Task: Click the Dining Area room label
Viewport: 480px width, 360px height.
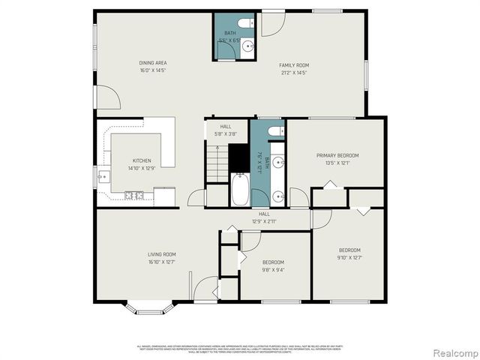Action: tap(152, 62)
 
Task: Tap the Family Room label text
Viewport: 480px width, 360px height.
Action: tap(294, 65)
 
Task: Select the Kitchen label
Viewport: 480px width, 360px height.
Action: tap(142, 160)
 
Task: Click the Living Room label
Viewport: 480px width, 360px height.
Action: tap(161, 254)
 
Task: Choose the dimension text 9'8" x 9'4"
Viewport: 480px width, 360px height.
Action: tap(273, 270)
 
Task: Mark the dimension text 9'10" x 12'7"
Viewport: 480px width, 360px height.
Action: tap(349, 258)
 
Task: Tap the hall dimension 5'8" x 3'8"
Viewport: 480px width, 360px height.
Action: tap(226, 134)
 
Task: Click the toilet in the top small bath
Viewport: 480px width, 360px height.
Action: tap(247, 24)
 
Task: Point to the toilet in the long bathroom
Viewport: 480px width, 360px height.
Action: tap(276, 131)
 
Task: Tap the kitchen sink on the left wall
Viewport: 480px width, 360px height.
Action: tap(103, 177)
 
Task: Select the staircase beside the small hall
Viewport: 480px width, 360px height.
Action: tap(217, 163)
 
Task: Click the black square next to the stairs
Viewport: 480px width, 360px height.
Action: tap(238, 157)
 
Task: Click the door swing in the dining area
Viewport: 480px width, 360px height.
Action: tap(107, 97)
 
